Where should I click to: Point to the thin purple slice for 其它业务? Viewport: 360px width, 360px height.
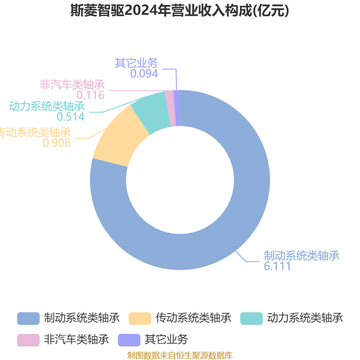(x=177, y=108)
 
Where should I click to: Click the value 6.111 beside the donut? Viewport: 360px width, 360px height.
(x=277, y=266)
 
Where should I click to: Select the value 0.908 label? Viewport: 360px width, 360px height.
(x=57, y=143)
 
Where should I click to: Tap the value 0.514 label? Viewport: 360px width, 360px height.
(x=71, y=117)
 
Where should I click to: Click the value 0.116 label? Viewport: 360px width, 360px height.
(x=90, y=95)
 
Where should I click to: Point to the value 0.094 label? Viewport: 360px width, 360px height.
(x=144, y=73)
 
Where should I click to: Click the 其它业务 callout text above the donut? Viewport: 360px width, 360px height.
(x=136, y=63)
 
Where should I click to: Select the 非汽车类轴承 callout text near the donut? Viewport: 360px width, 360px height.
(x=72, y=85)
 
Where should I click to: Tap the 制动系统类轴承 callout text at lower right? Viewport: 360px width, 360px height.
(x=301, y=256)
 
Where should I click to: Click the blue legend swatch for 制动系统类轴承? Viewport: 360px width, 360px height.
(x=28, y=318)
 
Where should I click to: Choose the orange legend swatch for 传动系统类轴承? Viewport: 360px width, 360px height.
(x=139, y=318)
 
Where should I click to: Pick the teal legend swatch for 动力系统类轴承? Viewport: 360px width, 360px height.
(x=251, y=318)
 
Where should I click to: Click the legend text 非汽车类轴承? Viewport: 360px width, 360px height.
(x=76, y=339)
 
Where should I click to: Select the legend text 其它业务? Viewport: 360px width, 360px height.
(x=166, y=339)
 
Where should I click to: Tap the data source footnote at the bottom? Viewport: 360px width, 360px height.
(x=180, y=355)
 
